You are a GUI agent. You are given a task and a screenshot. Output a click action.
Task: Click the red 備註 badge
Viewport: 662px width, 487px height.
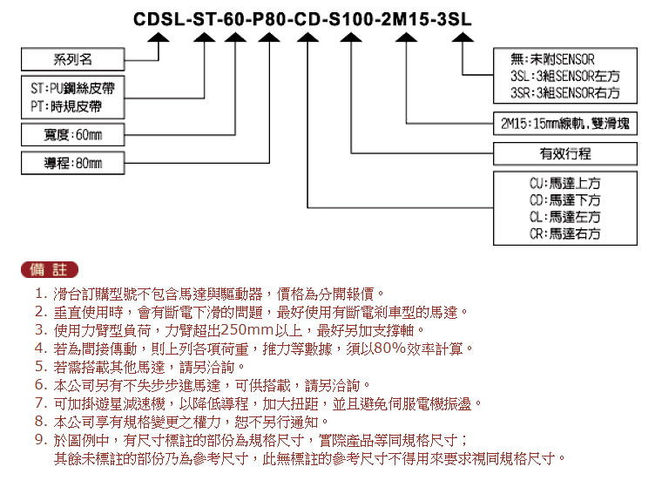(x=50, y=270)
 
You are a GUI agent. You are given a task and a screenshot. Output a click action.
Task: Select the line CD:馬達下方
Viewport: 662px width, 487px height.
(x=565, y=200)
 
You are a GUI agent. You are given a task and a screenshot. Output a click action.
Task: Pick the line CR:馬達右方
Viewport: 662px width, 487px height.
(x=565, y=233)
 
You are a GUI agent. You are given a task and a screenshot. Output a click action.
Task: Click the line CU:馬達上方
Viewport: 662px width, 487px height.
(x=565, y=183)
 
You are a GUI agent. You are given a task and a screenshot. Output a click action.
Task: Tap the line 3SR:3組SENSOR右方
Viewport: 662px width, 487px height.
(x=565, y=92)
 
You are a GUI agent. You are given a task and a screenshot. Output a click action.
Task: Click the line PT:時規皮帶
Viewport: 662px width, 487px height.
(x=66, y=106)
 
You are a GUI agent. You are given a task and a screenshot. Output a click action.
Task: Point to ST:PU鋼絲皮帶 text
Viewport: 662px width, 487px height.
(x=72, y=88)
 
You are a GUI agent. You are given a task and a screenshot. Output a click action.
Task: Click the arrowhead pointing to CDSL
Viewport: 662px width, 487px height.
(x=159, y=37)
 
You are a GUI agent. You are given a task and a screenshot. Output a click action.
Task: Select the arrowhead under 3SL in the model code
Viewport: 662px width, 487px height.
(x=463, y=37)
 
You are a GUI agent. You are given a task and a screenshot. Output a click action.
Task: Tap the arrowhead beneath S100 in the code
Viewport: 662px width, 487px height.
(x=351, y=37)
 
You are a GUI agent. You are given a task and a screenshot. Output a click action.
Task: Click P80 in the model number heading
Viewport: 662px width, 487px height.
(x=269, y=19)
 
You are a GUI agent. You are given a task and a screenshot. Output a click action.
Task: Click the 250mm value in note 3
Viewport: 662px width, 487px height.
(x=247, y=329)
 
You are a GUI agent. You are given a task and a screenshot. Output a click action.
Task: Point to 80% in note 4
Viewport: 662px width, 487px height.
(x=389, y=348)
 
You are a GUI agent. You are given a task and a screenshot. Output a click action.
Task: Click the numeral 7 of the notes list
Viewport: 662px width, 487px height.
(x=41, y=403)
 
